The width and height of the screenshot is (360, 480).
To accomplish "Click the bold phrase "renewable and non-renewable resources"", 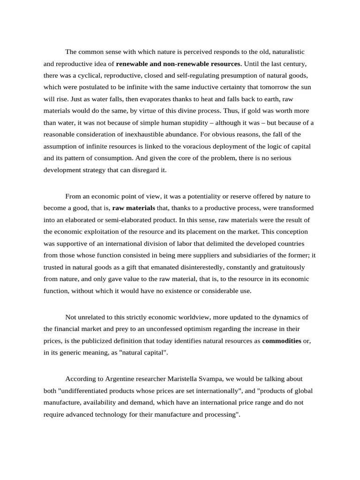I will [178, 63].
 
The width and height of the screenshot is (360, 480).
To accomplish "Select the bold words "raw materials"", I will [134, 208].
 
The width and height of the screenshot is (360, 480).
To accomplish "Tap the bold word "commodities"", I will [282, 341].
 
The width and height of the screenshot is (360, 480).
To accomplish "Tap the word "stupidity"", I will [191, 123].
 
